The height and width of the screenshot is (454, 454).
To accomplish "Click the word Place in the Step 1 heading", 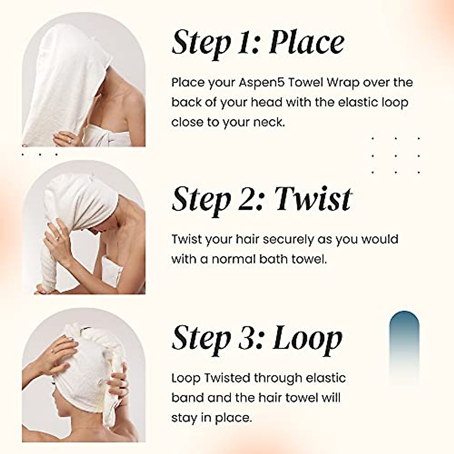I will coord(306,43).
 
